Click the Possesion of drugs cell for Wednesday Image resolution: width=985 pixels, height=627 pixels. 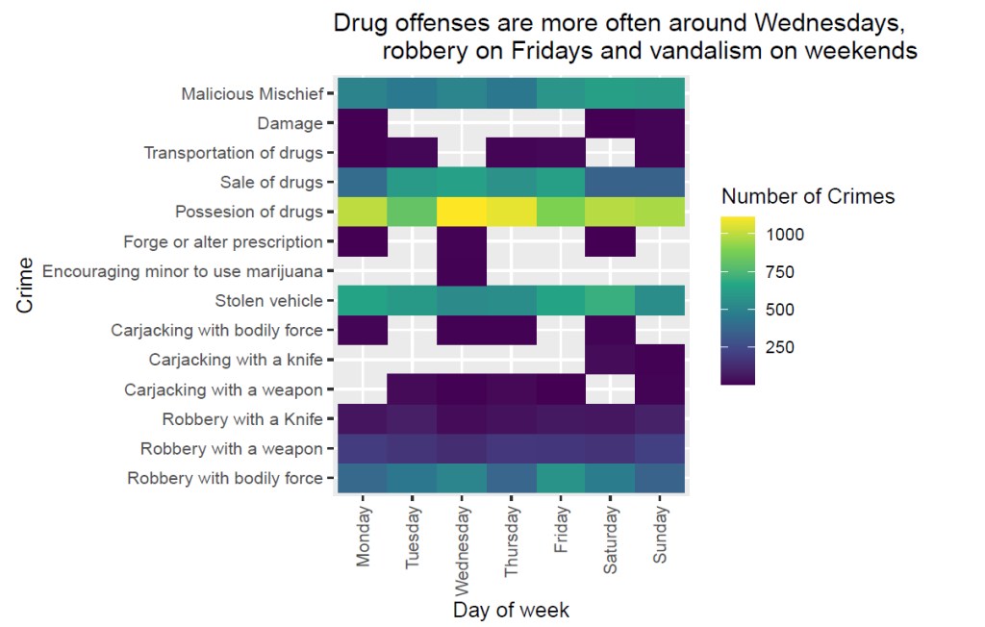462,212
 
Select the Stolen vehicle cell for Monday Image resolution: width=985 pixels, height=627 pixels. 363,301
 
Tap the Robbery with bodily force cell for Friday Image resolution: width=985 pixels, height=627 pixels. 561,478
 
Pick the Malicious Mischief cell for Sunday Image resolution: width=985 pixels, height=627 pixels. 660,94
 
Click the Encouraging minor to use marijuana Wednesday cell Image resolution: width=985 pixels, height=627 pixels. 462,271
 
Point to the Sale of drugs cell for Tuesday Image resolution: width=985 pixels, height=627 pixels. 413,183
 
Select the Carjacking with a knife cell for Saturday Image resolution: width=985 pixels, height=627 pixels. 610,360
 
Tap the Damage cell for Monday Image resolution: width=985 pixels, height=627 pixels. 363,123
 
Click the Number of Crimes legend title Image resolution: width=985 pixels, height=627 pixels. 808,197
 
